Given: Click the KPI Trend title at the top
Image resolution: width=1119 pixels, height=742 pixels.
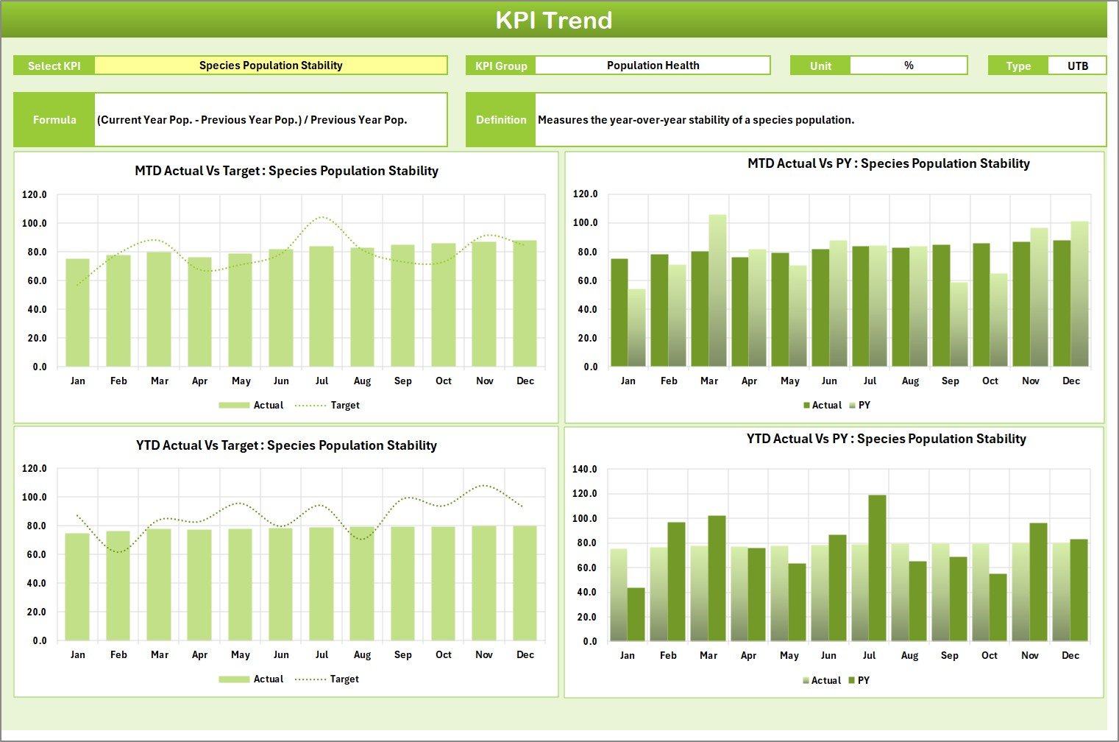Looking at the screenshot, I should (553, 20).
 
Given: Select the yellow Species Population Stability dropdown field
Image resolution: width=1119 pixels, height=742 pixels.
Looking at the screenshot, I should (271, 66).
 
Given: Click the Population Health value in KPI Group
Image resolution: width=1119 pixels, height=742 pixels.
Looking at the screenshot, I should (653, 66).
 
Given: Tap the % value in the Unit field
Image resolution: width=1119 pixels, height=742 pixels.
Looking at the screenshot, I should (909, 66).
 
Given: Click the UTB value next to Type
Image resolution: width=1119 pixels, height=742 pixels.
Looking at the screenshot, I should (1077, 66).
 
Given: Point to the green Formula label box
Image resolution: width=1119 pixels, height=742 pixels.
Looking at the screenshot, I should (54, 120).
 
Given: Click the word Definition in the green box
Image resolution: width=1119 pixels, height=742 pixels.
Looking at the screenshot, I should (501, 120).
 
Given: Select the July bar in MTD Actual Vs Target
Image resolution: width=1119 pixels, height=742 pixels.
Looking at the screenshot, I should (322, 306).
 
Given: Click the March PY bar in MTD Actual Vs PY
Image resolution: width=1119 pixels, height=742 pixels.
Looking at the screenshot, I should (717, 291).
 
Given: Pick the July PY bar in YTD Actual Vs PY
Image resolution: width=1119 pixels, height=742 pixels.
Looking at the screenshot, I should (877, 568).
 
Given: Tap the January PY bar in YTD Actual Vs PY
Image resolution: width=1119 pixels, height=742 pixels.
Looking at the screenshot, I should (636, 614).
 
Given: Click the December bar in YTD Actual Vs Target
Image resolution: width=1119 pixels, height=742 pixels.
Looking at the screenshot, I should (525, 583).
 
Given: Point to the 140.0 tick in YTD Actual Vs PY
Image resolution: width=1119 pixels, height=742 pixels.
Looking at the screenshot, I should (584, 469).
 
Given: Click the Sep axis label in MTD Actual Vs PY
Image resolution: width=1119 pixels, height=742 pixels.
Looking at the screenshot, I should (950, 381).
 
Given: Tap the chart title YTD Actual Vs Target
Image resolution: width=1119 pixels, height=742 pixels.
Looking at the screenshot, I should (286, 445).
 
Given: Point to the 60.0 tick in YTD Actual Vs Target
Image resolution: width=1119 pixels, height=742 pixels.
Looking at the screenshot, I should (34, 554).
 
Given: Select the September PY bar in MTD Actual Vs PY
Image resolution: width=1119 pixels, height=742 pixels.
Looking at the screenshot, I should (959, 325).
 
